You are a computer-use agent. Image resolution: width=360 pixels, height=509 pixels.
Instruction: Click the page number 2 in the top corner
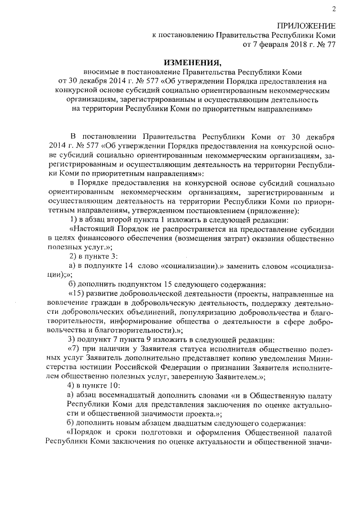point(333,8)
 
